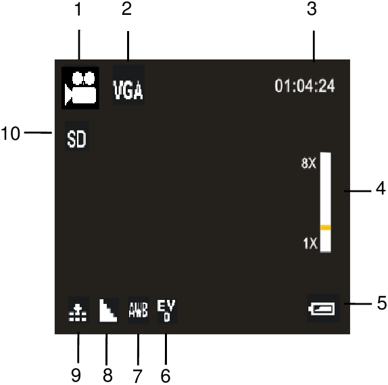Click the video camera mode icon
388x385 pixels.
point(80,88)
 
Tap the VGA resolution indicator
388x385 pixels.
point(128,85)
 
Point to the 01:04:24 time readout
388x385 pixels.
point(305,86)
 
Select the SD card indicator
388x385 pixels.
point(76,136)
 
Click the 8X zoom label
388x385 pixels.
point(308,163)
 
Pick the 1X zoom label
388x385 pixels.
point(310,243)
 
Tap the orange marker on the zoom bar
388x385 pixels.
point(326,228)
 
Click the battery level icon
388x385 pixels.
point(323,308)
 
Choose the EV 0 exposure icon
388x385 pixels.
point(167,311)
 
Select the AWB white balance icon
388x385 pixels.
point(139,310)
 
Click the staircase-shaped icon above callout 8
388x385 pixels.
point(108,311)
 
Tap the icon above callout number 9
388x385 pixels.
point(78,310)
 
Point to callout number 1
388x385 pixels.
point(78,9)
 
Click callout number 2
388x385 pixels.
point(126,9)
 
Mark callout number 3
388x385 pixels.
point(312,9)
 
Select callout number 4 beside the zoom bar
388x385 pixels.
point(381,188)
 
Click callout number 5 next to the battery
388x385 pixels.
point(382,303)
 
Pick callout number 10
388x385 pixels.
point(10,134)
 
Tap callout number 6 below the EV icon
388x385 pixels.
point(166,376)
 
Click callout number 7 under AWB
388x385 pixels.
point(138,376)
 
